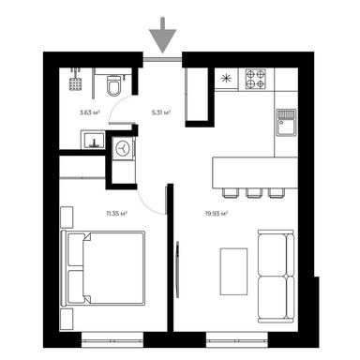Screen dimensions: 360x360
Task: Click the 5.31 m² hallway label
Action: tap(158, 112)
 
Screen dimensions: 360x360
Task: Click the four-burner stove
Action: tap(256, 79)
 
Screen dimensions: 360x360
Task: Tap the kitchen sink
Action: tap(286, 119)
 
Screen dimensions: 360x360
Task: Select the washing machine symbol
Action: tap(123, 148)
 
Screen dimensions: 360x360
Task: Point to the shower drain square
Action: tap(76, 82)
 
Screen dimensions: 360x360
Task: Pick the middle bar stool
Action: tap(253, 193)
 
